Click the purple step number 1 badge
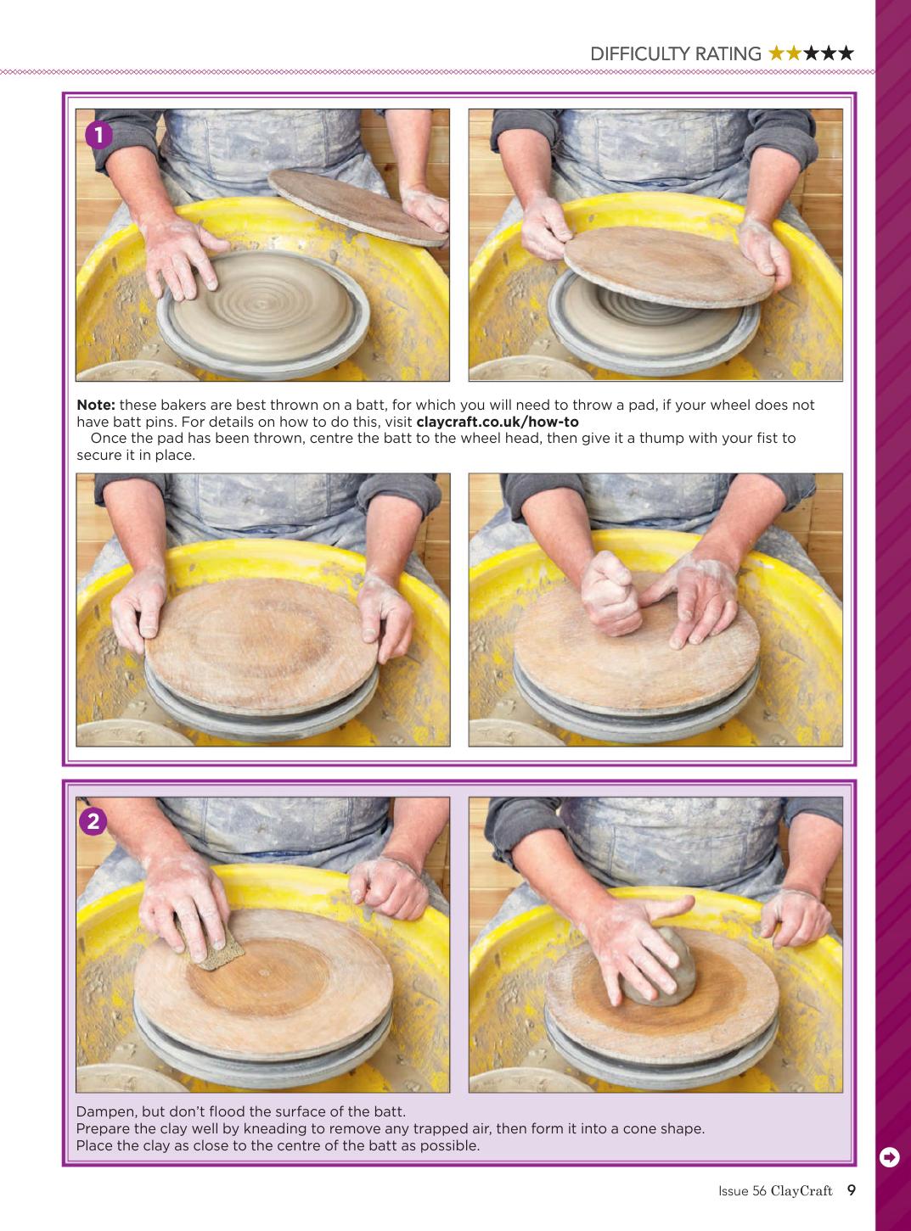click(x=98, y=136)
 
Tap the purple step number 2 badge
click(x=93, y=821)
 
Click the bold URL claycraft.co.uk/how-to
click(x=498, y=422)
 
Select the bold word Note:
click(x=96, y=405)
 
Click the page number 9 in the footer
click(x=851, y=1190)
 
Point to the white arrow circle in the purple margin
click(x=889, y=1157)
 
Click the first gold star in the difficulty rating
click(x=776, y=53)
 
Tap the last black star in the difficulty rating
click(x=846, y=53)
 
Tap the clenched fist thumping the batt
click(x=610, y=593)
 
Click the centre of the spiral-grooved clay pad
click(x=262, y=305)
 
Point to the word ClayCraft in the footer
click(x=801, y=1190)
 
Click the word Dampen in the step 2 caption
click(x=106, y=1111)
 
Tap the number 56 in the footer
click(x=759, y=1190)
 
